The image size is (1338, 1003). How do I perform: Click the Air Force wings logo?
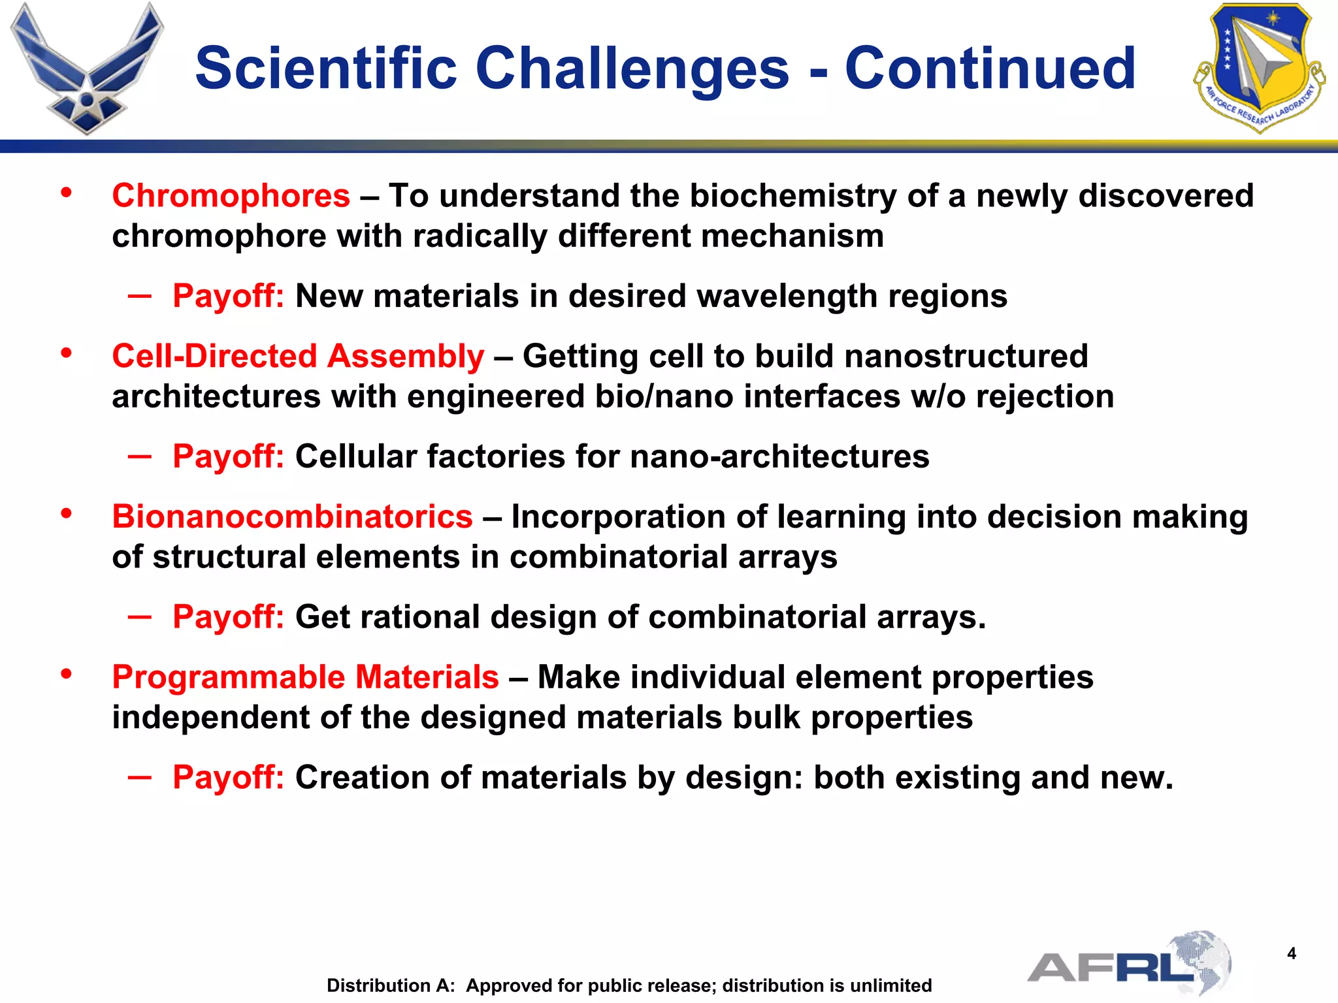[87, 69]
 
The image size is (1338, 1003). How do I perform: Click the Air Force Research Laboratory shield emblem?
[1259, 67]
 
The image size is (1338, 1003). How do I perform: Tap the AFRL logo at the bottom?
[1129, 964]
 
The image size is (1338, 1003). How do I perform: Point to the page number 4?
[1291, 954]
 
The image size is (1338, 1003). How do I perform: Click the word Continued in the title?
[990, 68]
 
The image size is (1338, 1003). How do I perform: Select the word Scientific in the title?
[326, 68]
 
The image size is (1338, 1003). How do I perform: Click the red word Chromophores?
[231, 196]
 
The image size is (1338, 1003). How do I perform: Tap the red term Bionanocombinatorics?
[292, 517]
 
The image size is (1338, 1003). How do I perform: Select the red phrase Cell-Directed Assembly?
[298, 357]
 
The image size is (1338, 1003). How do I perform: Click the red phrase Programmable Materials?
[305, 677]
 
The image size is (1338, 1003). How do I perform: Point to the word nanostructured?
[966, 357]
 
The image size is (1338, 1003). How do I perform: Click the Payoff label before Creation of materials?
[228, 778]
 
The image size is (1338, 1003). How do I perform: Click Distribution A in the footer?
[390, 985]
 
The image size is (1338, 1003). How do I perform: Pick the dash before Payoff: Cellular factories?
[140, 456]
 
